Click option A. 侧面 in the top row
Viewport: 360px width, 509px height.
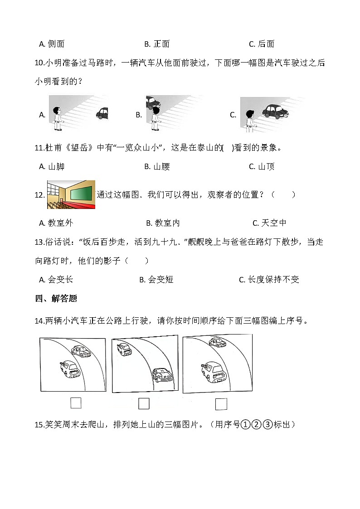coord(52,44)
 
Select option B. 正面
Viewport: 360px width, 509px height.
coord(156,44)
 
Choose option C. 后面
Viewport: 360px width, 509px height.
coord(262,44)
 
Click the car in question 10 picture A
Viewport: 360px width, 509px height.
coord(102,113)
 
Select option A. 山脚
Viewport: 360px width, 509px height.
coord(52,166)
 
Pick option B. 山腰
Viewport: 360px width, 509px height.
coord(157,166)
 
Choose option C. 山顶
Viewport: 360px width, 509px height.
coord(262,166)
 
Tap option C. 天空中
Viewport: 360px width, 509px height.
coord(269,223)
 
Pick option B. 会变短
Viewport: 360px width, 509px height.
coord(156,280)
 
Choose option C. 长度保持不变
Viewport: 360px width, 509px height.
coord(269,280)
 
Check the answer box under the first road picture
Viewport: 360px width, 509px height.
coord(76,402)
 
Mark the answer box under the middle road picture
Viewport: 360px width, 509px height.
coord(144,403)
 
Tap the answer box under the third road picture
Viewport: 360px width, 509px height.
coord(221,403)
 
